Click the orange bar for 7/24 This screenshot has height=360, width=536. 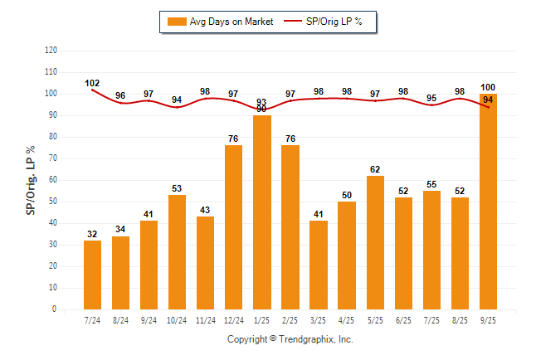pos(92,275)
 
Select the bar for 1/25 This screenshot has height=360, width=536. pos(262,212)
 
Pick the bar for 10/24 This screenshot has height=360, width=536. pos(177,252)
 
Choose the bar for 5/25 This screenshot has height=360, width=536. pos(375,242)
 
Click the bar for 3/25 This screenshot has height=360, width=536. pos(319,265)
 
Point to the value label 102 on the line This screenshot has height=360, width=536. pos(92,83)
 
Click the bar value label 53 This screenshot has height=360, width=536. pos(177,189)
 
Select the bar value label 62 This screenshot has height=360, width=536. pos(375,169)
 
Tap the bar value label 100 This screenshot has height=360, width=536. pos(489,88)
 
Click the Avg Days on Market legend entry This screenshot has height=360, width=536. pos(219,22)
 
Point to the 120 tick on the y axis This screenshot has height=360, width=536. pos(51,51)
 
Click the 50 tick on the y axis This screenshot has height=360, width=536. pos(53,202)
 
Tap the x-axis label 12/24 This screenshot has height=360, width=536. pos(233,319)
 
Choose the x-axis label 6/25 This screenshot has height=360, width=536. pos(403,319)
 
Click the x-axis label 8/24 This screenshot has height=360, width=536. pos(120,319)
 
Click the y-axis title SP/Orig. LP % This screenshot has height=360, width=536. pos(31,179)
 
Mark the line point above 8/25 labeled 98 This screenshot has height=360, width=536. pos(460,99)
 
